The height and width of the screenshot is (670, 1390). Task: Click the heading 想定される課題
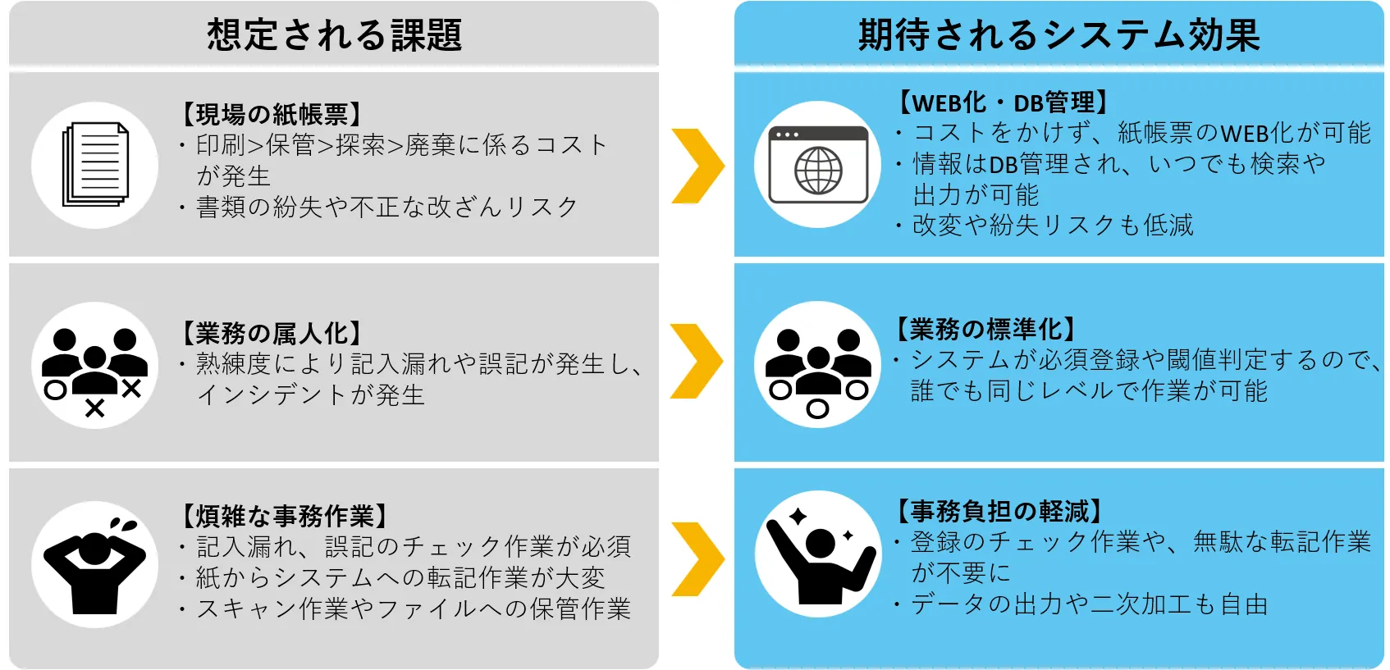[x=334, y=35]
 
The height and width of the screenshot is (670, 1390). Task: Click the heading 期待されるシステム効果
[x=1059, y=35]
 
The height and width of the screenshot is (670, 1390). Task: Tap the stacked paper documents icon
[x=95, y=165]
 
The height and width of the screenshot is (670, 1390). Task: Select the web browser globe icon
[x=818, y=166]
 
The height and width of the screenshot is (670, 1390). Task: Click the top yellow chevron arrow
[x=697, y=166]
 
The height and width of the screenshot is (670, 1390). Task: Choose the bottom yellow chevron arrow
[x=697, y=559]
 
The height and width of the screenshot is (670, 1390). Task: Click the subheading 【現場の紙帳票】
[x=271, y=114]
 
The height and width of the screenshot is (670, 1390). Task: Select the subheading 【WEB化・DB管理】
[x=1004, y=103]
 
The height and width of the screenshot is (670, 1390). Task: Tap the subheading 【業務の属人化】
[x=271, y=333]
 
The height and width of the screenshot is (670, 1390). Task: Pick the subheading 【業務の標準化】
[x=985, y=329]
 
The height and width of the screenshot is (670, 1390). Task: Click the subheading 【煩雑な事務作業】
[x=283, y=516]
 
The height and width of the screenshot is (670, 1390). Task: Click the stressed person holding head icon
[x=94, y=564]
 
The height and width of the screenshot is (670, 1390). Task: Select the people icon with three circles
[x=818, y=366]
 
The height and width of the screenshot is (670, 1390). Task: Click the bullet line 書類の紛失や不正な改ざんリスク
[x=386, y=207]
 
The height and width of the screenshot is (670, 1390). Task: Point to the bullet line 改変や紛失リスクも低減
[x=1053, y=225]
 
